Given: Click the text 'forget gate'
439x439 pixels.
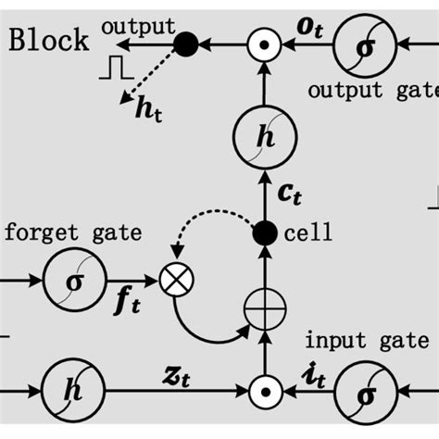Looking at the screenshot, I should tap(73, 232).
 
